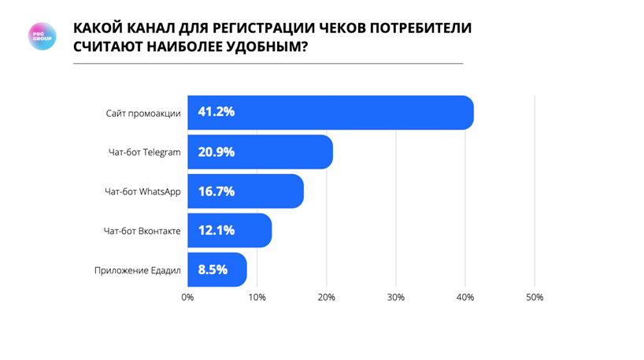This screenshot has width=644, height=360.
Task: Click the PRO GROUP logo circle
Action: click(42, 36)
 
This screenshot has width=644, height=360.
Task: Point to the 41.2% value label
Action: click(216, 112)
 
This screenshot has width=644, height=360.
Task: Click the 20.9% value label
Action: click(216, 151)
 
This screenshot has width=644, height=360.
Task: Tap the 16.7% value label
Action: click(216, 191)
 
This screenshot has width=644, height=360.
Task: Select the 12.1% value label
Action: click(216, 230)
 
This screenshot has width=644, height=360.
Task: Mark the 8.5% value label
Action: click(213, 269)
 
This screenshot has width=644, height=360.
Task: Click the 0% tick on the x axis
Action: click(187, 297)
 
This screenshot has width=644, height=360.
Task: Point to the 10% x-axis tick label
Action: click(257, 297)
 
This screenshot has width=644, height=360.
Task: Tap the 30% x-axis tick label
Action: click(396, 297)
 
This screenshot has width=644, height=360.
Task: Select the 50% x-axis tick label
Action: click(535, 297)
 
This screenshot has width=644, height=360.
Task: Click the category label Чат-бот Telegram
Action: click(145, 152)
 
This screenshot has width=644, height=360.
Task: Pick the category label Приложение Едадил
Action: click(137, 270)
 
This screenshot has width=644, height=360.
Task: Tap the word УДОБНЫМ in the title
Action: click(257, 46)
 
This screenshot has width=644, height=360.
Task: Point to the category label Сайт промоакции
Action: click(143, 113)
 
